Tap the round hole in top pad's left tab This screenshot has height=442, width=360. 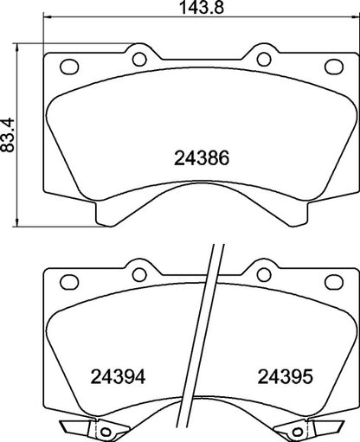[137, 59]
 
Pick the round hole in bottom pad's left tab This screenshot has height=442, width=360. [137, 275]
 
